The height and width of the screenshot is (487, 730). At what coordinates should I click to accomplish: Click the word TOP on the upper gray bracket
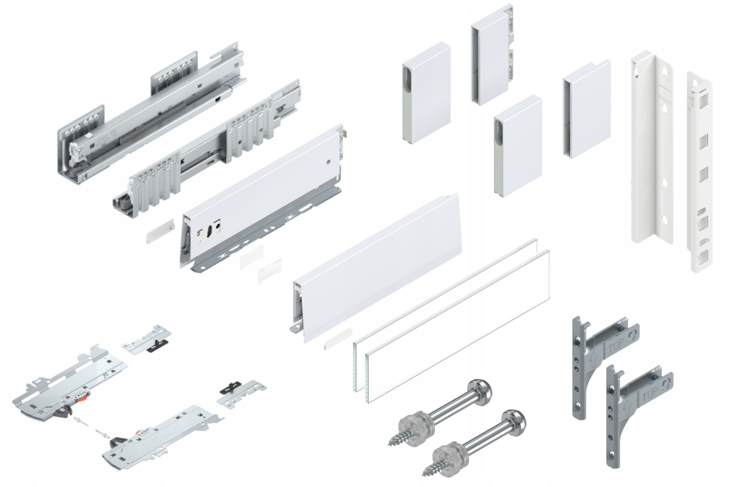pyautogui.click(x=613, y=349)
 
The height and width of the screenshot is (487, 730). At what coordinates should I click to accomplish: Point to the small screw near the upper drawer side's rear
pyautogui.click(x=327, y=161)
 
